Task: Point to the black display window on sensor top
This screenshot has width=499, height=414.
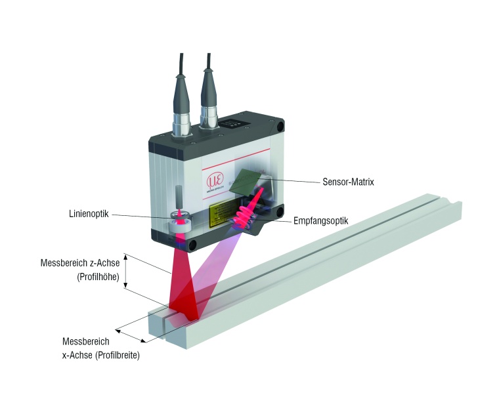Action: [x=234, y=123]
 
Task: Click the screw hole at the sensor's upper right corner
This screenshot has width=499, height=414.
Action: [x=280, y=125]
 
